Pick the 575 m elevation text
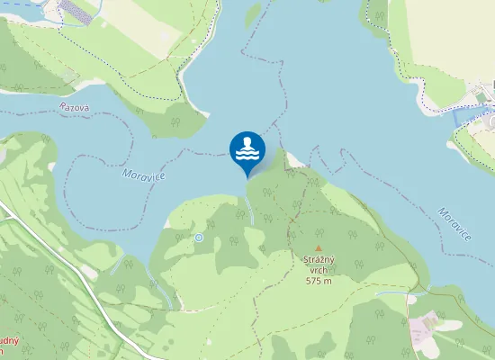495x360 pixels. [x=319, y=281]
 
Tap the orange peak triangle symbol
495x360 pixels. [x=318, y=248]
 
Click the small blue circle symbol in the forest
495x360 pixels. [x=199, y=238]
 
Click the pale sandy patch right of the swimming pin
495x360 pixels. [x=293, y=160]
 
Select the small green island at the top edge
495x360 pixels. [x=253, y=11]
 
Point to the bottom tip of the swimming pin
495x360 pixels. [x=247, y=176]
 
